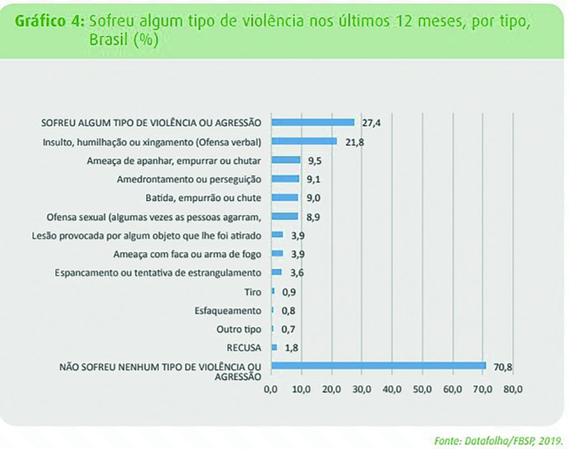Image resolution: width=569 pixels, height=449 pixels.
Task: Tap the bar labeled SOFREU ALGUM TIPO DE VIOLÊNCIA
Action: [312, 122]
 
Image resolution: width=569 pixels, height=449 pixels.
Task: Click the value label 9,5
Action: [315, 160]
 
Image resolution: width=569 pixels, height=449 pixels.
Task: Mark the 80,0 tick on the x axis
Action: [512, 390]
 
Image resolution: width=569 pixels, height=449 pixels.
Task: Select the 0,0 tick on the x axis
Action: [271, 390]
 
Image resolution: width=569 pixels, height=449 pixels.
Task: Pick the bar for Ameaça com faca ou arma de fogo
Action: [277, 253]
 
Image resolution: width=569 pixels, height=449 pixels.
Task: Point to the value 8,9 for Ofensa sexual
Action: [313, 216]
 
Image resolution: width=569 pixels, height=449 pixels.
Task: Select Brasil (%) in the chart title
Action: [123, 40]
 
